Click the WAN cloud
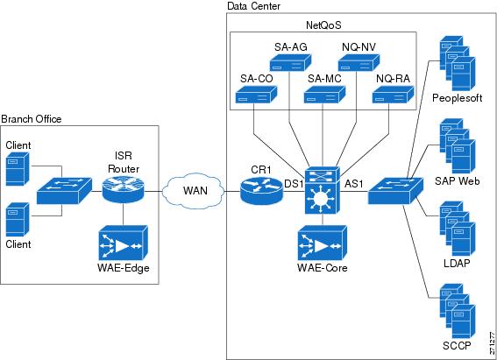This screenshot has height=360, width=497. [x=193, y=191]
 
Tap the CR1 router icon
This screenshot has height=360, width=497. [x=261, y=190]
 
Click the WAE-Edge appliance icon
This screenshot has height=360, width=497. [x=123, y=243]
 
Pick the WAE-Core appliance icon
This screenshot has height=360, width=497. [x=322, y=243]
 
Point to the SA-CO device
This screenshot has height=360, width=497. [x=256, y=95]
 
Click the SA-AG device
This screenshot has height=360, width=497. [x=290, y=63]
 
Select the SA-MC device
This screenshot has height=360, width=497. [x=324, y=95]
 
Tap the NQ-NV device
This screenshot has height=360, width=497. [x=359, y=63]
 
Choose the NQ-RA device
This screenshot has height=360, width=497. [x=393, y=95]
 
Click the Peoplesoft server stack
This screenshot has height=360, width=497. [x=458, y=63]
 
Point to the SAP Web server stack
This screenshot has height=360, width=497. [x=458, y=145]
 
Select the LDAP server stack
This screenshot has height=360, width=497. [x=458, y=229]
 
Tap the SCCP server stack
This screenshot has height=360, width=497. [x=458, y=311]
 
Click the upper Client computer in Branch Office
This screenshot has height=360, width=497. [x=18, y=168]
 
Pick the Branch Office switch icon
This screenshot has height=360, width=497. [x=64, y=191]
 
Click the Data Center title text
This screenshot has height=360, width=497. [x=253, y=6]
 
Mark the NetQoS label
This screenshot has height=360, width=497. [x=323, y=25]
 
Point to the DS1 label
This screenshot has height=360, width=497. [x=294, y=184]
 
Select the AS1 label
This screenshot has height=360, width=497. [x=354, y=184]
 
